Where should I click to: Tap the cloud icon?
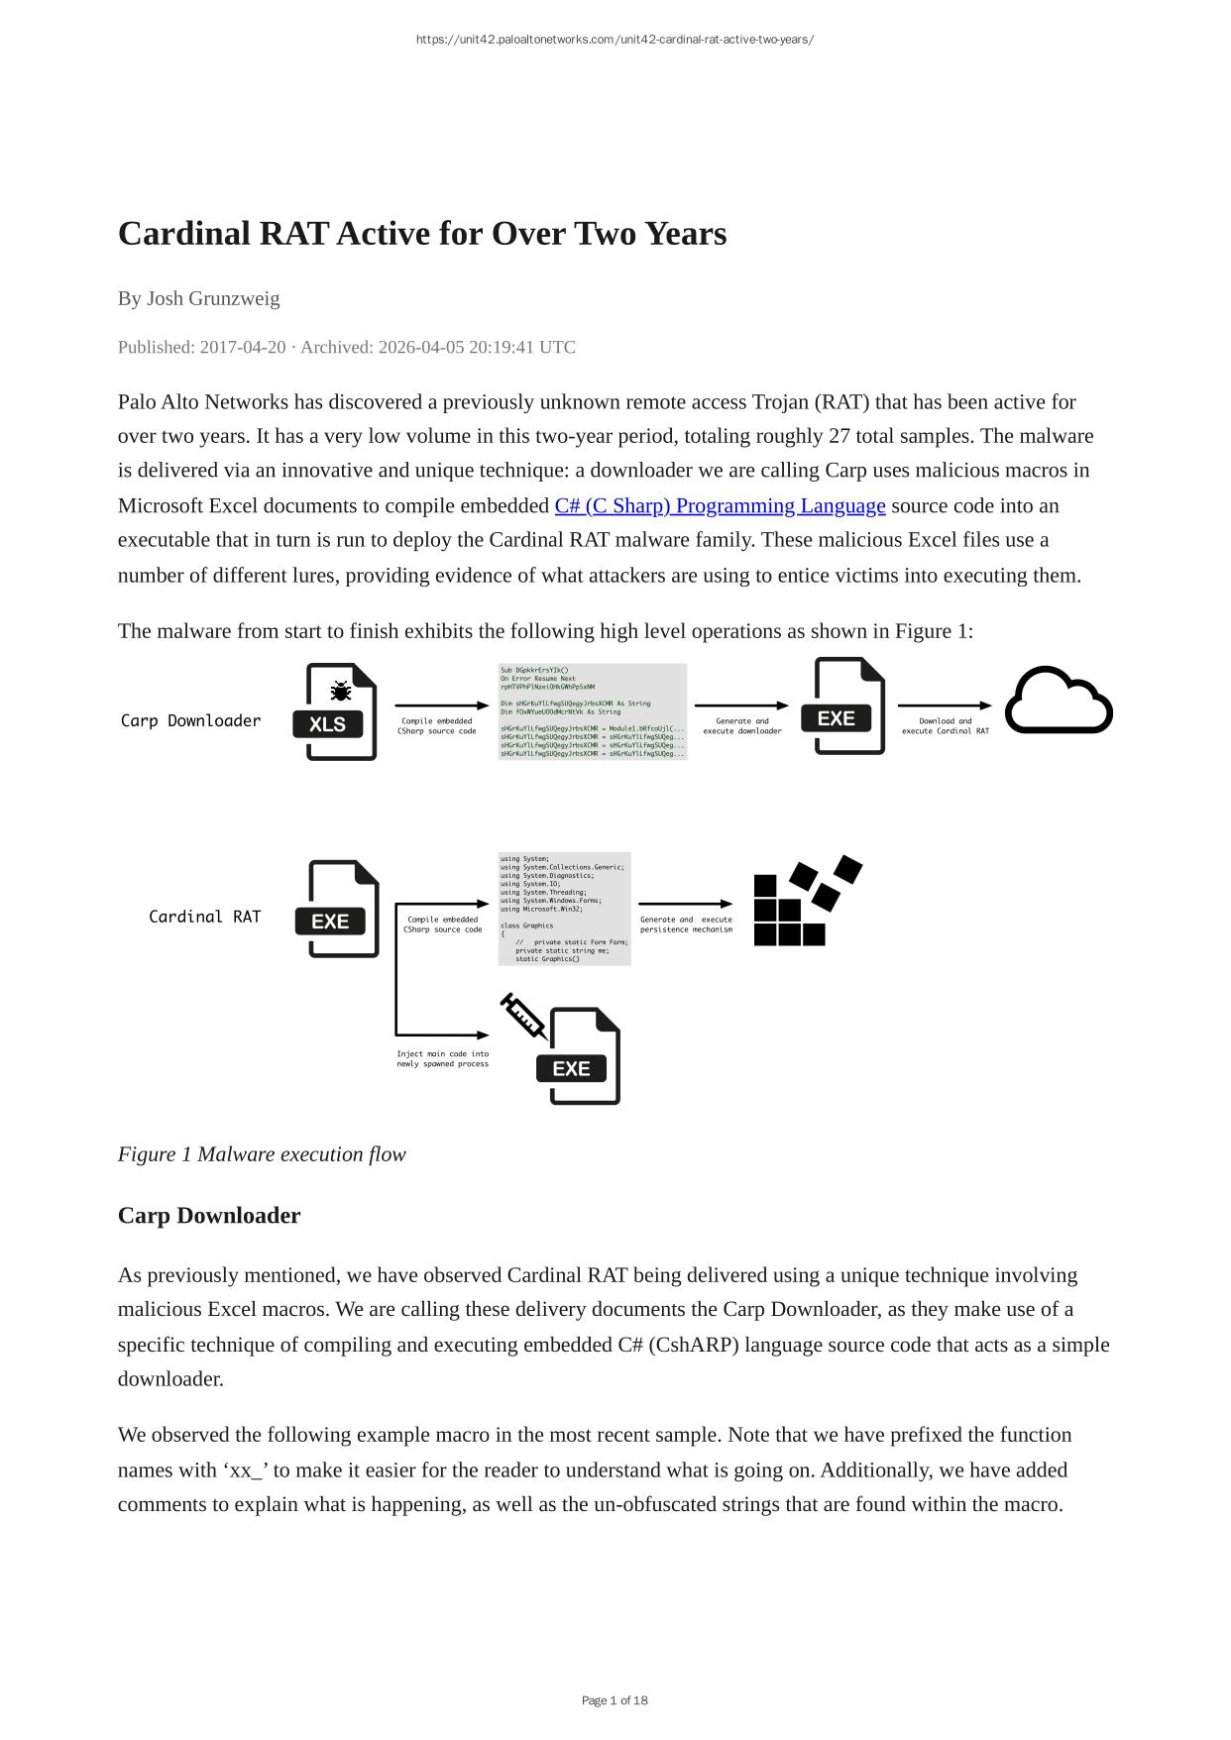point(1059,702)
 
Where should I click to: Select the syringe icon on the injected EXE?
point(523,1016)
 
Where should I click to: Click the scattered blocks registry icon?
point(805,902)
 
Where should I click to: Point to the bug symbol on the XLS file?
point(340,691)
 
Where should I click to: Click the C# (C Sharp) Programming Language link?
point(720,505)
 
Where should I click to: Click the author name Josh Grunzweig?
point(213,298)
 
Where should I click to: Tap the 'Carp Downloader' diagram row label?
point(190,720)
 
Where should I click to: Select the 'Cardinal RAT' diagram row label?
point(204,917)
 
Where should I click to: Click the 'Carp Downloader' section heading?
point(209,1215)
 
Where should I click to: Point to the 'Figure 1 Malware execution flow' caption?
point(262,1154)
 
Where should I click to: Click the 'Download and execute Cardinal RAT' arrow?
point(945,706)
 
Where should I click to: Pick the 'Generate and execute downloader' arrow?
point(741,706)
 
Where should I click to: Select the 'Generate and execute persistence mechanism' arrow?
point(685,904)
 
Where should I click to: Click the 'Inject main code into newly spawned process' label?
point(442,1058)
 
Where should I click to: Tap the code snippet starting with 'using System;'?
point(564,908)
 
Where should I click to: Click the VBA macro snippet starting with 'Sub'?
point(592,711)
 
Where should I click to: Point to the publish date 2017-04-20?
point(243,347)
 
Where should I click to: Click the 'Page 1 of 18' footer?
point(615,1700)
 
